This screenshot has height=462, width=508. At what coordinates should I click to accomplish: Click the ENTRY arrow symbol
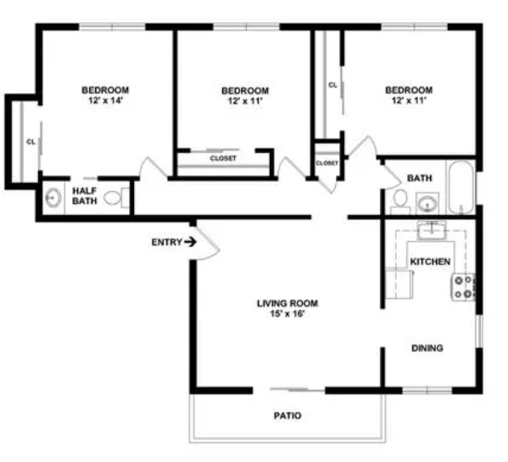[x=190, y=242]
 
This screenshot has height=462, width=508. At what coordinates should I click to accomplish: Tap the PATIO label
[x=287, y=415]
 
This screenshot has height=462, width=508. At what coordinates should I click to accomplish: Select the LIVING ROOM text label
[x=287, y=303]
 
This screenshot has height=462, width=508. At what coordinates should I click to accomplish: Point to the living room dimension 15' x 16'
[x=287, y=313]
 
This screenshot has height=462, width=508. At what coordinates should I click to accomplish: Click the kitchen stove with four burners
[x=464, y=287]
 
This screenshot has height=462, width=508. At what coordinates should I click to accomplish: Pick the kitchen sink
[x=431, y=230]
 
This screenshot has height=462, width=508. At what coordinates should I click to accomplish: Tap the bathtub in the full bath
[x=461, y=188]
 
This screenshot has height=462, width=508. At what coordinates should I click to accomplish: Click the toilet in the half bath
[x=116, y=198]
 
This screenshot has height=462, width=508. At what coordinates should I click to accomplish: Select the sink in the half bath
[x=53, y=198]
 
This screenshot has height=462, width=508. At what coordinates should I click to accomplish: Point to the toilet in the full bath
[x=400, y=202]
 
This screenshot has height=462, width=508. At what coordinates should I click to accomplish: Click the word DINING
[x=427, y=348]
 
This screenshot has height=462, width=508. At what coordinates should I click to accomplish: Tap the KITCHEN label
[x=430, y=262]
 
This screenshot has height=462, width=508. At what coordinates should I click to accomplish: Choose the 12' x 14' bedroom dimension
[x=105, y=100]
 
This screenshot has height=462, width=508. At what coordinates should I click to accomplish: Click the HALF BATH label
[x=85, y=195]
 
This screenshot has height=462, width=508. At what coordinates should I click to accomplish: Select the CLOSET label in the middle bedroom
[x=223, y=158]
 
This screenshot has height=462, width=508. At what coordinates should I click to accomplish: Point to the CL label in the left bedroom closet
[x=31, y=142]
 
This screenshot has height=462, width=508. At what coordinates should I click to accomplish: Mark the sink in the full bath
[x=427, y=204]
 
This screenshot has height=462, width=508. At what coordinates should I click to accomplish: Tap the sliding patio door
[x=297, y=389]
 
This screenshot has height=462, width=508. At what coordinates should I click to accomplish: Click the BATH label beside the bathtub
[x=420, y=178]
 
